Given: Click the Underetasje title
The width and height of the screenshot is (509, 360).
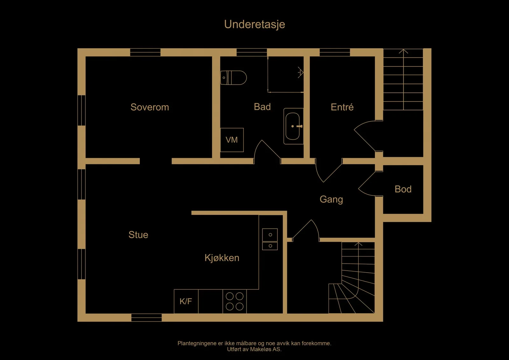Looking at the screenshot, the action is click(254, 24).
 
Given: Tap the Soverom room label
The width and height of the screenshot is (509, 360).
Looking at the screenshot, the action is click(150, 107).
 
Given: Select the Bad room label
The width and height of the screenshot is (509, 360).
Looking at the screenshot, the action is click(262, 107).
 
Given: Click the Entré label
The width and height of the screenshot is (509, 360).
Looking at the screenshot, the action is click(342, 107).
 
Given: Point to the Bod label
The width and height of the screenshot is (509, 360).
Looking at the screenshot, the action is click(403, 189).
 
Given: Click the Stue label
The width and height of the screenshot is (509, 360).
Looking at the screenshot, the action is click(138, 235).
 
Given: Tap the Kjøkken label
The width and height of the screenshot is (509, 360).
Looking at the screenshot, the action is click(222, 258).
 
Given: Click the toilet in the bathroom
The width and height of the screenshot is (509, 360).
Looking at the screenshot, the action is click(234, 78).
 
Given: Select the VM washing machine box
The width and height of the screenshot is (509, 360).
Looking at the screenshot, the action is click(232, 140).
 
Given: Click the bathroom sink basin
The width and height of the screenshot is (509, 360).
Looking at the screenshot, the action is click(293, 126).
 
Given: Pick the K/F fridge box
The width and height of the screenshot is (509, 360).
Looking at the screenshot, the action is click(186, 301).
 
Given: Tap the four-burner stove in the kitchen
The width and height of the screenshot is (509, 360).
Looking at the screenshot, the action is click(234, 301).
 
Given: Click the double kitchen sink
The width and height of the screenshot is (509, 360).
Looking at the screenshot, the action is click(270, 239).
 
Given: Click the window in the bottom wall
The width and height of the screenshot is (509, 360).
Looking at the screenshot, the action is click(147, 317).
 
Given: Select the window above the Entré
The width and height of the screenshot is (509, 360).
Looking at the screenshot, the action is click(335, 52).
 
